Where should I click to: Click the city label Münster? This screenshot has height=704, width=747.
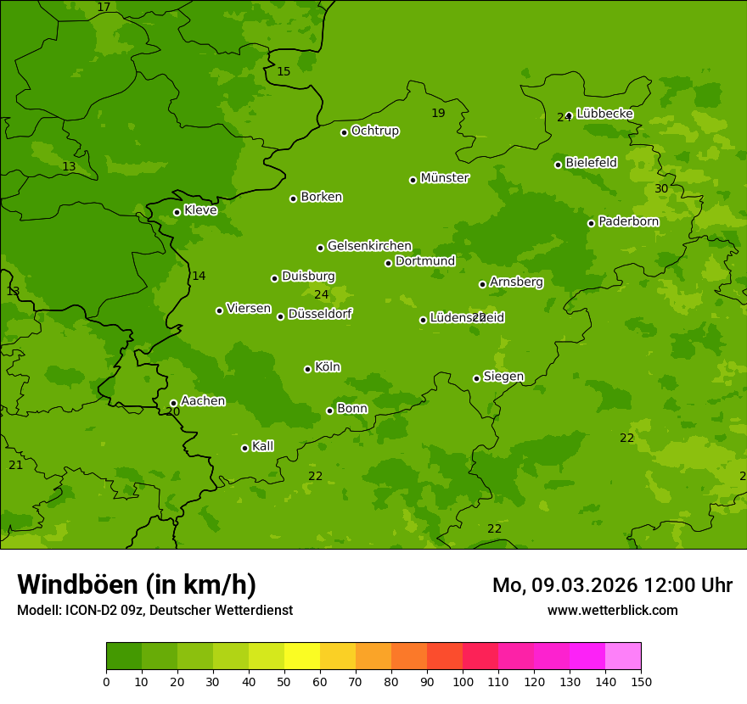pos(445,178)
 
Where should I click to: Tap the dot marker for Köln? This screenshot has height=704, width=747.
pos(307,369)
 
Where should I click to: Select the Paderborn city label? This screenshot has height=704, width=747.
pos(628,221)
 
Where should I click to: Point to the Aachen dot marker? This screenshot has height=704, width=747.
pos(173,404)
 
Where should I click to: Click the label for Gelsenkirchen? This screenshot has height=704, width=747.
pos(369,246)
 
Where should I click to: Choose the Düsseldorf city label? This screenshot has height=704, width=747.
pos(320,314)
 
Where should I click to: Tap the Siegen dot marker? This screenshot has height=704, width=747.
pos(476,378)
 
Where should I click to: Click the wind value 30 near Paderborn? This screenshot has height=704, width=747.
pos(661,188)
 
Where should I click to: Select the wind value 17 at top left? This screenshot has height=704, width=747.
pos(104,7)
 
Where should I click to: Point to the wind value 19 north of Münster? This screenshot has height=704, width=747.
pos(438,113)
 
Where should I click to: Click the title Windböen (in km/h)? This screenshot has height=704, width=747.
pos(137,584)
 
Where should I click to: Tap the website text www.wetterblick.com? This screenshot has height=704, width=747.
pos(612,610)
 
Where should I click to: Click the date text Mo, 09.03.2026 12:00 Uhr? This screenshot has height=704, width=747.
pos(612,585)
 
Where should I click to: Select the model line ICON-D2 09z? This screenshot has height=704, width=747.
pos(154,610)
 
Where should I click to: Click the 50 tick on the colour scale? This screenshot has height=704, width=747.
pos(284,681)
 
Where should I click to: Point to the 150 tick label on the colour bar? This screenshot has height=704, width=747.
pos(641,681)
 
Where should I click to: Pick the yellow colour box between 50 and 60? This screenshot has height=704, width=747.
pos(302,657)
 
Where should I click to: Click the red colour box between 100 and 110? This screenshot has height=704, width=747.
pos(480,657)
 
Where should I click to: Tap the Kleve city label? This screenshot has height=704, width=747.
pos(200,210)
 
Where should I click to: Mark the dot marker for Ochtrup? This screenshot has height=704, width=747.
pos(344,132)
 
